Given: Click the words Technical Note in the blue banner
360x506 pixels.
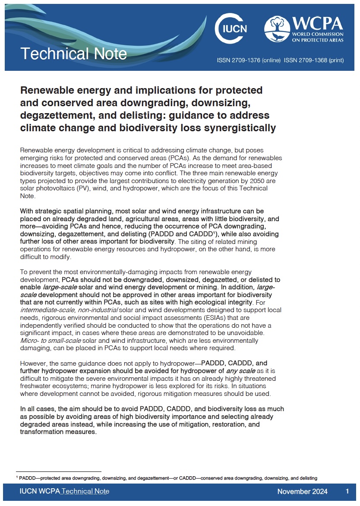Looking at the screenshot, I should coord(73,54).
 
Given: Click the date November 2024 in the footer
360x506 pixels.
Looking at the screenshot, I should coord(302,491).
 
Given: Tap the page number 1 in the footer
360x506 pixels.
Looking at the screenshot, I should coord(347,491).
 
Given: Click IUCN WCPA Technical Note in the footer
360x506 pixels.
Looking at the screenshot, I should coord(64,491).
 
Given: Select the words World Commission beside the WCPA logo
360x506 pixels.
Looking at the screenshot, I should coord(318,34).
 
